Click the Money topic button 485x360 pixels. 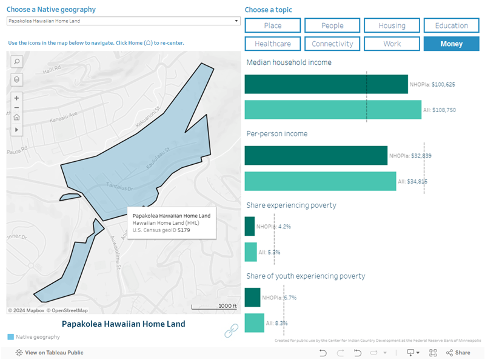pos(451,44)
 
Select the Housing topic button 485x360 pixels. pos(392,25)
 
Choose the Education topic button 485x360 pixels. pos(451,25)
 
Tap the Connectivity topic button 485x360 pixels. pos(332,44)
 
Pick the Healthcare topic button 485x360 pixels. pos(273,44)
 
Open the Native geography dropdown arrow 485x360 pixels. pos(236,21)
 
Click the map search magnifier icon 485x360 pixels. pos(16,61)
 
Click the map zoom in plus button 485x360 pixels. pos(16,98)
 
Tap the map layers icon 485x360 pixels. pos(16,79)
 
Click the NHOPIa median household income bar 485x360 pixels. pos(326,84)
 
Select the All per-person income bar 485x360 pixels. pos(320,181)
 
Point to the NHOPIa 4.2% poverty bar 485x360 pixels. pos(250,226)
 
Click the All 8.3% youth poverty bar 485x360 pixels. pos(254,323)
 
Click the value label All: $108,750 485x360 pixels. pos(441,110)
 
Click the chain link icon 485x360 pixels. pos(231,330)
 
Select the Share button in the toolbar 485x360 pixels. pos(458,353)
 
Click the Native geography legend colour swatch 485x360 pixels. pos(11,336)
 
